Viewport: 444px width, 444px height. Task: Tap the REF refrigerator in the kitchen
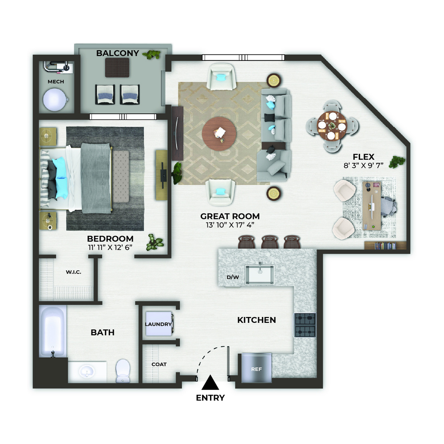[x=257, y=368]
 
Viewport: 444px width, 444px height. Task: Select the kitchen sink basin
[x=260, y=274]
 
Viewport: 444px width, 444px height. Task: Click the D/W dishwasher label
[x=233, y=277]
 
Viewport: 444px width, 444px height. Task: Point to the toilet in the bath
[x=123, y=371]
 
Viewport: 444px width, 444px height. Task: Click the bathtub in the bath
[x=53, y=331]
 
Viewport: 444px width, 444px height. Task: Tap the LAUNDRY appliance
[x=159, y=324]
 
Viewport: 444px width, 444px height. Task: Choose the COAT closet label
[x=159, y=364]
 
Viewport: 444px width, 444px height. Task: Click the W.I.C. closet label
[x=74, y=272]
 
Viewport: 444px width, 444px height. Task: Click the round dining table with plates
[x=332, y=126]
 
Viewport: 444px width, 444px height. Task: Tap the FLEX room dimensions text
[x=363, y=165]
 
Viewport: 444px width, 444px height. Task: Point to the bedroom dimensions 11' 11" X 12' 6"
[x=110, y=247]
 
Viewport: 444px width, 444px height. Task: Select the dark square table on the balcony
[x=117, y=67]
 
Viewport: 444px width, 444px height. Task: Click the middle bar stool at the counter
[x=270, y=242]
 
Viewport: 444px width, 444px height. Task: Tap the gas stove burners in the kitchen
[x=305, y=325]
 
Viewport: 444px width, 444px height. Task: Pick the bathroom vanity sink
[x=87, y=371]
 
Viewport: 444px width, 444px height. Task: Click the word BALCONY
[x=118, y=53]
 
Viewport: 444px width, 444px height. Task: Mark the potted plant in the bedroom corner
[x=155, y=242]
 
